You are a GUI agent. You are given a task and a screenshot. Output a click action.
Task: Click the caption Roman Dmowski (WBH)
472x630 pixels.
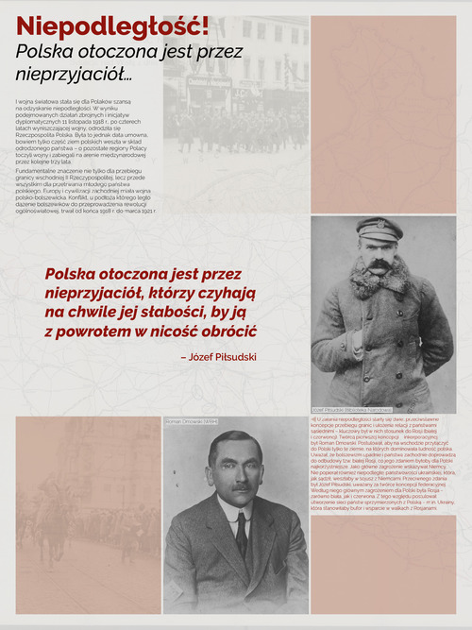click(192, 421)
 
